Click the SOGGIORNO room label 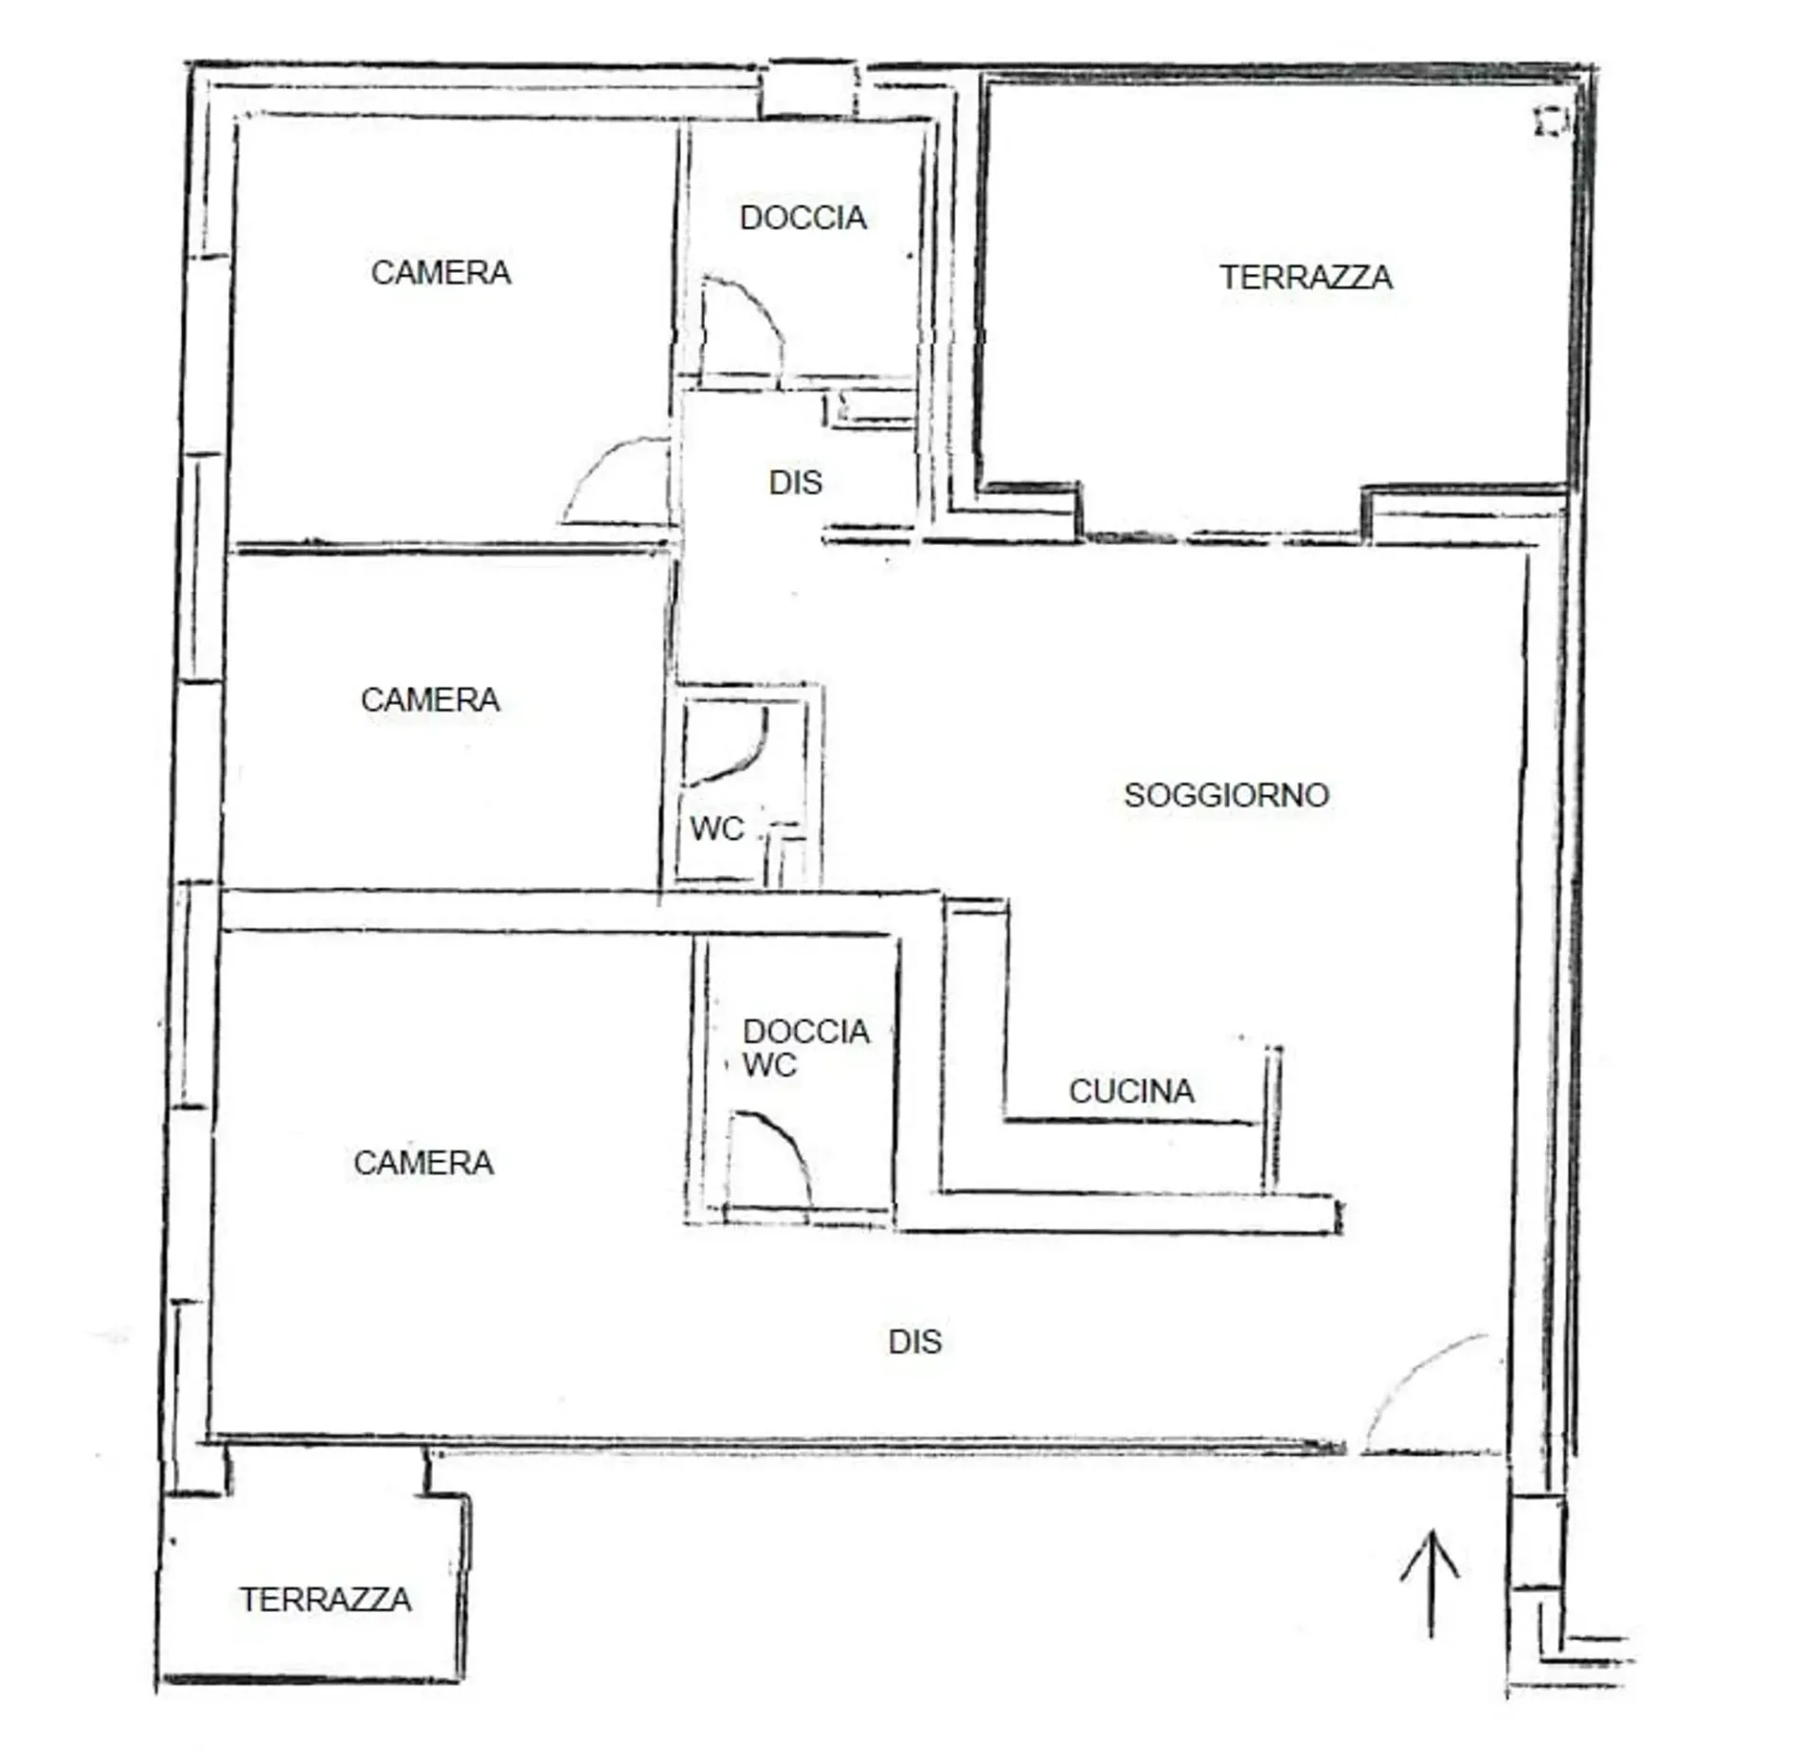pos(1227,795)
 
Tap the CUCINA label pos(1131,1092)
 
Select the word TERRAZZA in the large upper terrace pos(1306,278)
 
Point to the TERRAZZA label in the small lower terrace pos(325,1599)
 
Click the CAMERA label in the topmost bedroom pos(441,273)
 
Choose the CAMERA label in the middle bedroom pos(430,700)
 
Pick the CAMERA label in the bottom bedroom pos(423,1163)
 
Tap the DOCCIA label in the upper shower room pos(802,218)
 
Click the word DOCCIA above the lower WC pos(806,1031)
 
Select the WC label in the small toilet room pos(717,829)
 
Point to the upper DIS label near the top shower pos(795,482)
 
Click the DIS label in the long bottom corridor pos(915,1342)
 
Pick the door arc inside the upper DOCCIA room pos(764,308)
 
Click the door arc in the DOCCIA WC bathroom pos(789,1138)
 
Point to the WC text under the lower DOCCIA pos(769,1065)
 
